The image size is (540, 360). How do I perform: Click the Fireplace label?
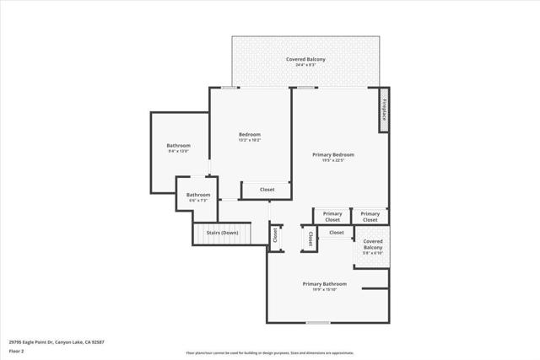(x=383, y=110)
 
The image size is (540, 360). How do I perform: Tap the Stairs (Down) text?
(x=223, y=232)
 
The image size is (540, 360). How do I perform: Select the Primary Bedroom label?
(x=333, y=154)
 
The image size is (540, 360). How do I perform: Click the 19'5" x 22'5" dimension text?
(x=333, y=160)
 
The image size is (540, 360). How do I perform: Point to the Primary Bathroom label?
(x=324, y=284)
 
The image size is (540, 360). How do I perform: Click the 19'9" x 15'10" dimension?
(x=324, y=290)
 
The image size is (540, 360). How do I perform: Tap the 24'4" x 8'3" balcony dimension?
(x=305, y=65)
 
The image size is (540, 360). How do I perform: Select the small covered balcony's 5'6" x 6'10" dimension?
(x=372, y=253)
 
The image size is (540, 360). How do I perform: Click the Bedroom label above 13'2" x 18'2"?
(x=249, y=134)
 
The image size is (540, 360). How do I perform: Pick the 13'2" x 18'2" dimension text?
(x=249, y=140)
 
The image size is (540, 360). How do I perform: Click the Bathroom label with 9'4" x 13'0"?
(x=178, y=145)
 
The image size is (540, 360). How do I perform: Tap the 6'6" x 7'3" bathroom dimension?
(x=197, y=201)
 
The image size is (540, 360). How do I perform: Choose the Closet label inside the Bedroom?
(x=267, y=190)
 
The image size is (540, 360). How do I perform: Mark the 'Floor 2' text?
(x=16, y=351)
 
